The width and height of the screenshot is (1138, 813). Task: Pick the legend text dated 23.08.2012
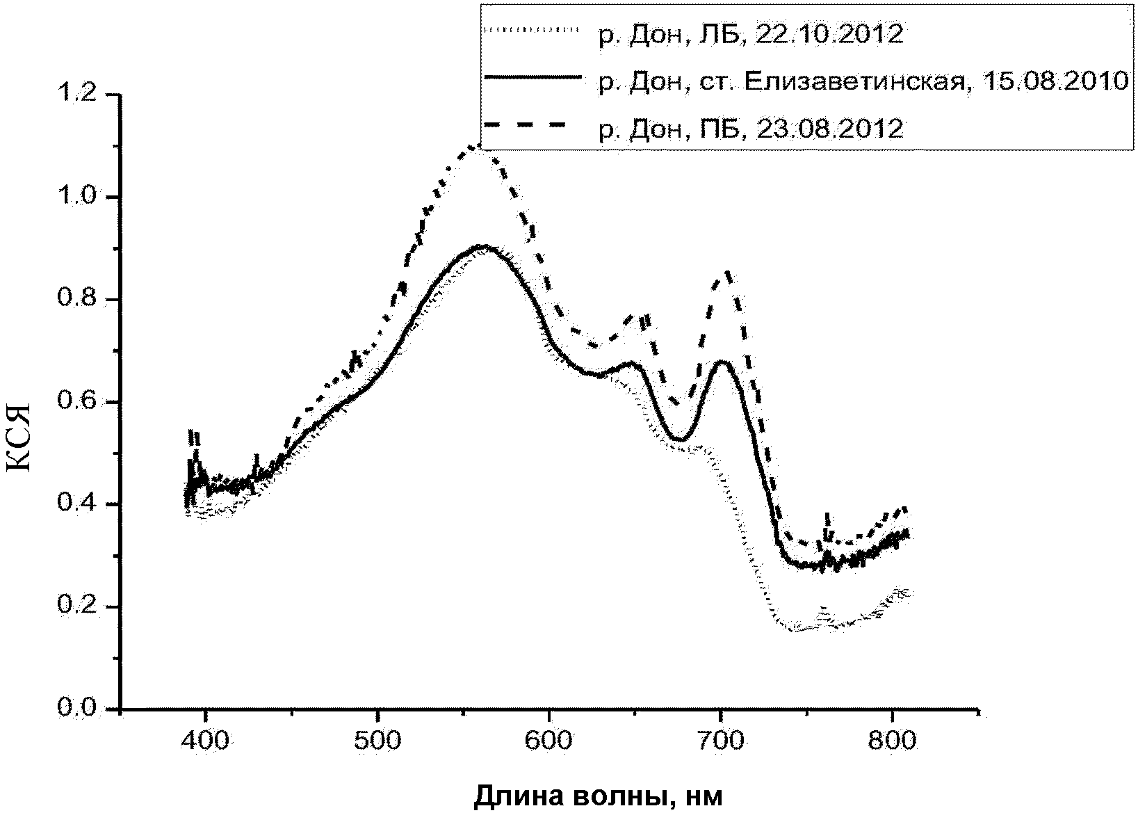[x=751, y=128]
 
